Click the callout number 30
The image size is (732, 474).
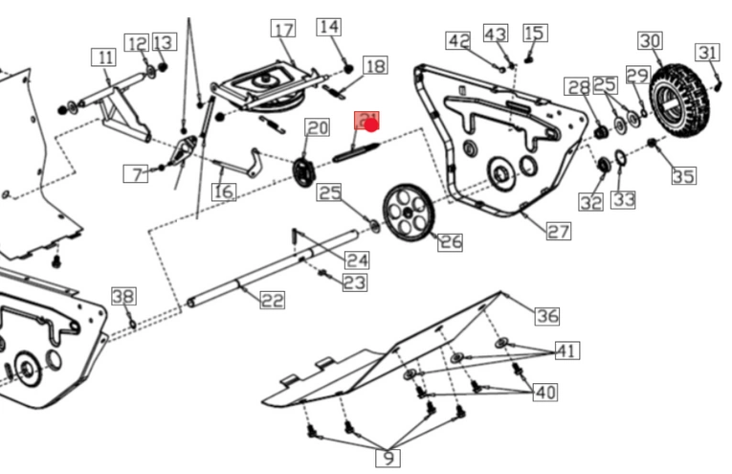click(x=650, y=41)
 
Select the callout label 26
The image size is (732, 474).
click(x=450, y=242)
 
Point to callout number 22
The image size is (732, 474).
click(x=272, y=301)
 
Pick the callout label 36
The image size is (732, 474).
click(x=546, y=316)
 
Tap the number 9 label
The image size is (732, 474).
click(x=388, y=458)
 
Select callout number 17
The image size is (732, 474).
click(x=283, y=30)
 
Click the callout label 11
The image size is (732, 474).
click(x=103, y=58)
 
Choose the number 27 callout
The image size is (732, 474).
click(x=558, y=231)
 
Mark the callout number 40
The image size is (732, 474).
click(x=544, y=393)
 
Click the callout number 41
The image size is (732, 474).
click(x=566, y=351)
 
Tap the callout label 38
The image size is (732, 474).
click(x=123, y=296)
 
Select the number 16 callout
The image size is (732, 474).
click(x=223, y=192)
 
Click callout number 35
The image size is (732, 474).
click(x=682, y=176)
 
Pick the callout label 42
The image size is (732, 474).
click(x=458, y=41)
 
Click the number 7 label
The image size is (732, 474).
click(x=139, y=174)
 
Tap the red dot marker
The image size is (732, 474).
click(x=371, y=124)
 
